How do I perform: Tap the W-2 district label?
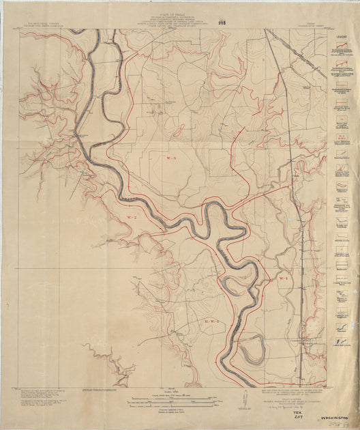tap(132, 217)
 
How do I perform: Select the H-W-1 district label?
tap(213, 320)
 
